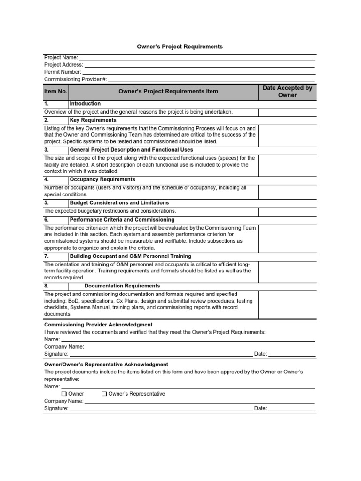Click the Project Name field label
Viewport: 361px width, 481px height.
[61, 57]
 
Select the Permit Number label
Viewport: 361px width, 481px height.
[63, 72]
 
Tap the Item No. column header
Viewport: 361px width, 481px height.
[56, 91]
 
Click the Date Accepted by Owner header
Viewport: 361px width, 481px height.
[287, 92]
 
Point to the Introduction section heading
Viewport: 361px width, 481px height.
[85, 103]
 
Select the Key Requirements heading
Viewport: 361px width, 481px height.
[93, 120]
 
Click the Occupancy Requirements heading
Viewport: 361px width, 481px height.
[102, 179]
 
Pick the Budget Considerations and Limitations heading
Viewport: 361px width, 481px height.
[119, 203]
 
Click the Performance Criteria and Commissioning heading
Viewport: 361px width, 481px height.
[122, 219]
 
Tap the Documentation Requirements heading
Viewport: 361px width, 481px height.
[122, 286]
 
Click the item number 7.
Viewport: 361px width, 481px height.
[47, 256]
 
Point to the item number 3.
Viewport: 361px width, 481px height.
[47, 150]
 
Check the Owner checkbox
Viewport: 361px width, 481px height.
[64, 394]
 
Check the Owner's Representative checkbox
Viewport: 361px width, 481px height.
[104, 394]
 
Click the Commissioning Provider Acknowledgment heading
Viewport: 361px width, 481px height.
[98, 325]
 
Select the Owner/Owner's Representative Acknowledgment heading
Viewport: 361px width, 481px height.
[106, 365]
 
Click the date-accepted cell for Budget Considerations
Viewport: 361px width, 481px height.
[287, 211]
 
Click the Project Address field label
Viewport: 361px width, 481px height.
[63, 65]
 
